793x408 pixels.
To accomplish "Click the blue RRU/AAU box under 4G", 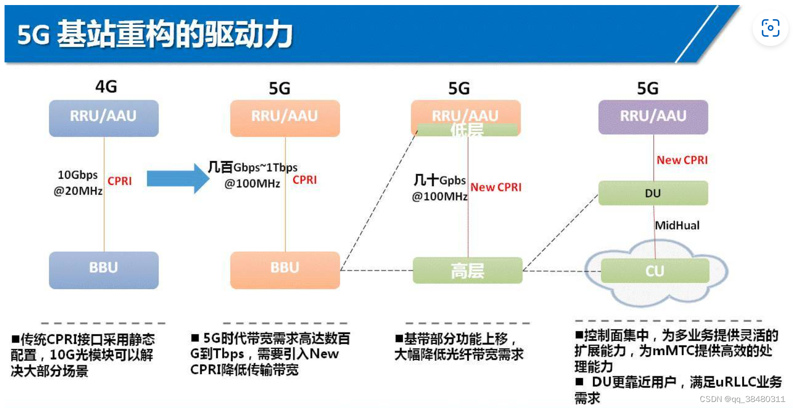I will coord(103,118).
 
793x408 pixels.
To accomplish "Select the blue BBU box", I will coord(103,270).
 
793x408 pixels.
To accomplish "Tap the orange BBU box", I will coord(285,270).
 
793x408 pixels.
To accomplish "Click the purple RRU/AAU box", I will coord(653,117).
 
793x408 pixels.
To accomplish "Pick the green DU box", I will coord(653,193).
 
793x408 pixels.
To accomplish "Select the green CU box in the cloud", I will coord(654,271).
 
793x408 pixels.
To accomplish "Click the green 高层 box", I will coord(467,271).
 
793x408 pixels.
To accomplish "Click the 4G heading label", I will coord(106,87).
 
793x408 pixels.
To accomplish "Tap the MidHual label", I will coord(677,226).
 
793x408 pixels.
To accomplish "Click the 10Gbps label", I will coord(78,175).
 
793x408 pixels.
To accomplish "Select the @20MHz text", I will coord(78,191).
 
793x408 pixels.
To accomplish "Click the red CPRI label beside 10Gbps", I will coord(119,181).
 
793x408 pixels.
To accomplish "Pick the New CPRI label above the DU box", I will coord(682,160).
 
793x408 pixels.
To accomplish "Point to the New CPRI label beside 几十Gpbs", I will coord(496,187).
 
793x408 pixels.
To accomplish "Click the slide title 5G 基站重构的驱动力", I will coord(155,34).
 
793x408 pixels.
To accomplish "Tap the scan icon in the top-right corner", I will coord(770,28).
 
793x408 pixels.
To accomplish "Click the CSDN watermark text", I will coord(742,399).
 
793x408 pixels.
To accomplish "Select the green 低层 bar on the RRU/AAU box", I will coord(467,130).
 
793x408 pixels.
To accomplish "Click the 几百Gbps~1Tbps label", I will coord(252,167).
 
